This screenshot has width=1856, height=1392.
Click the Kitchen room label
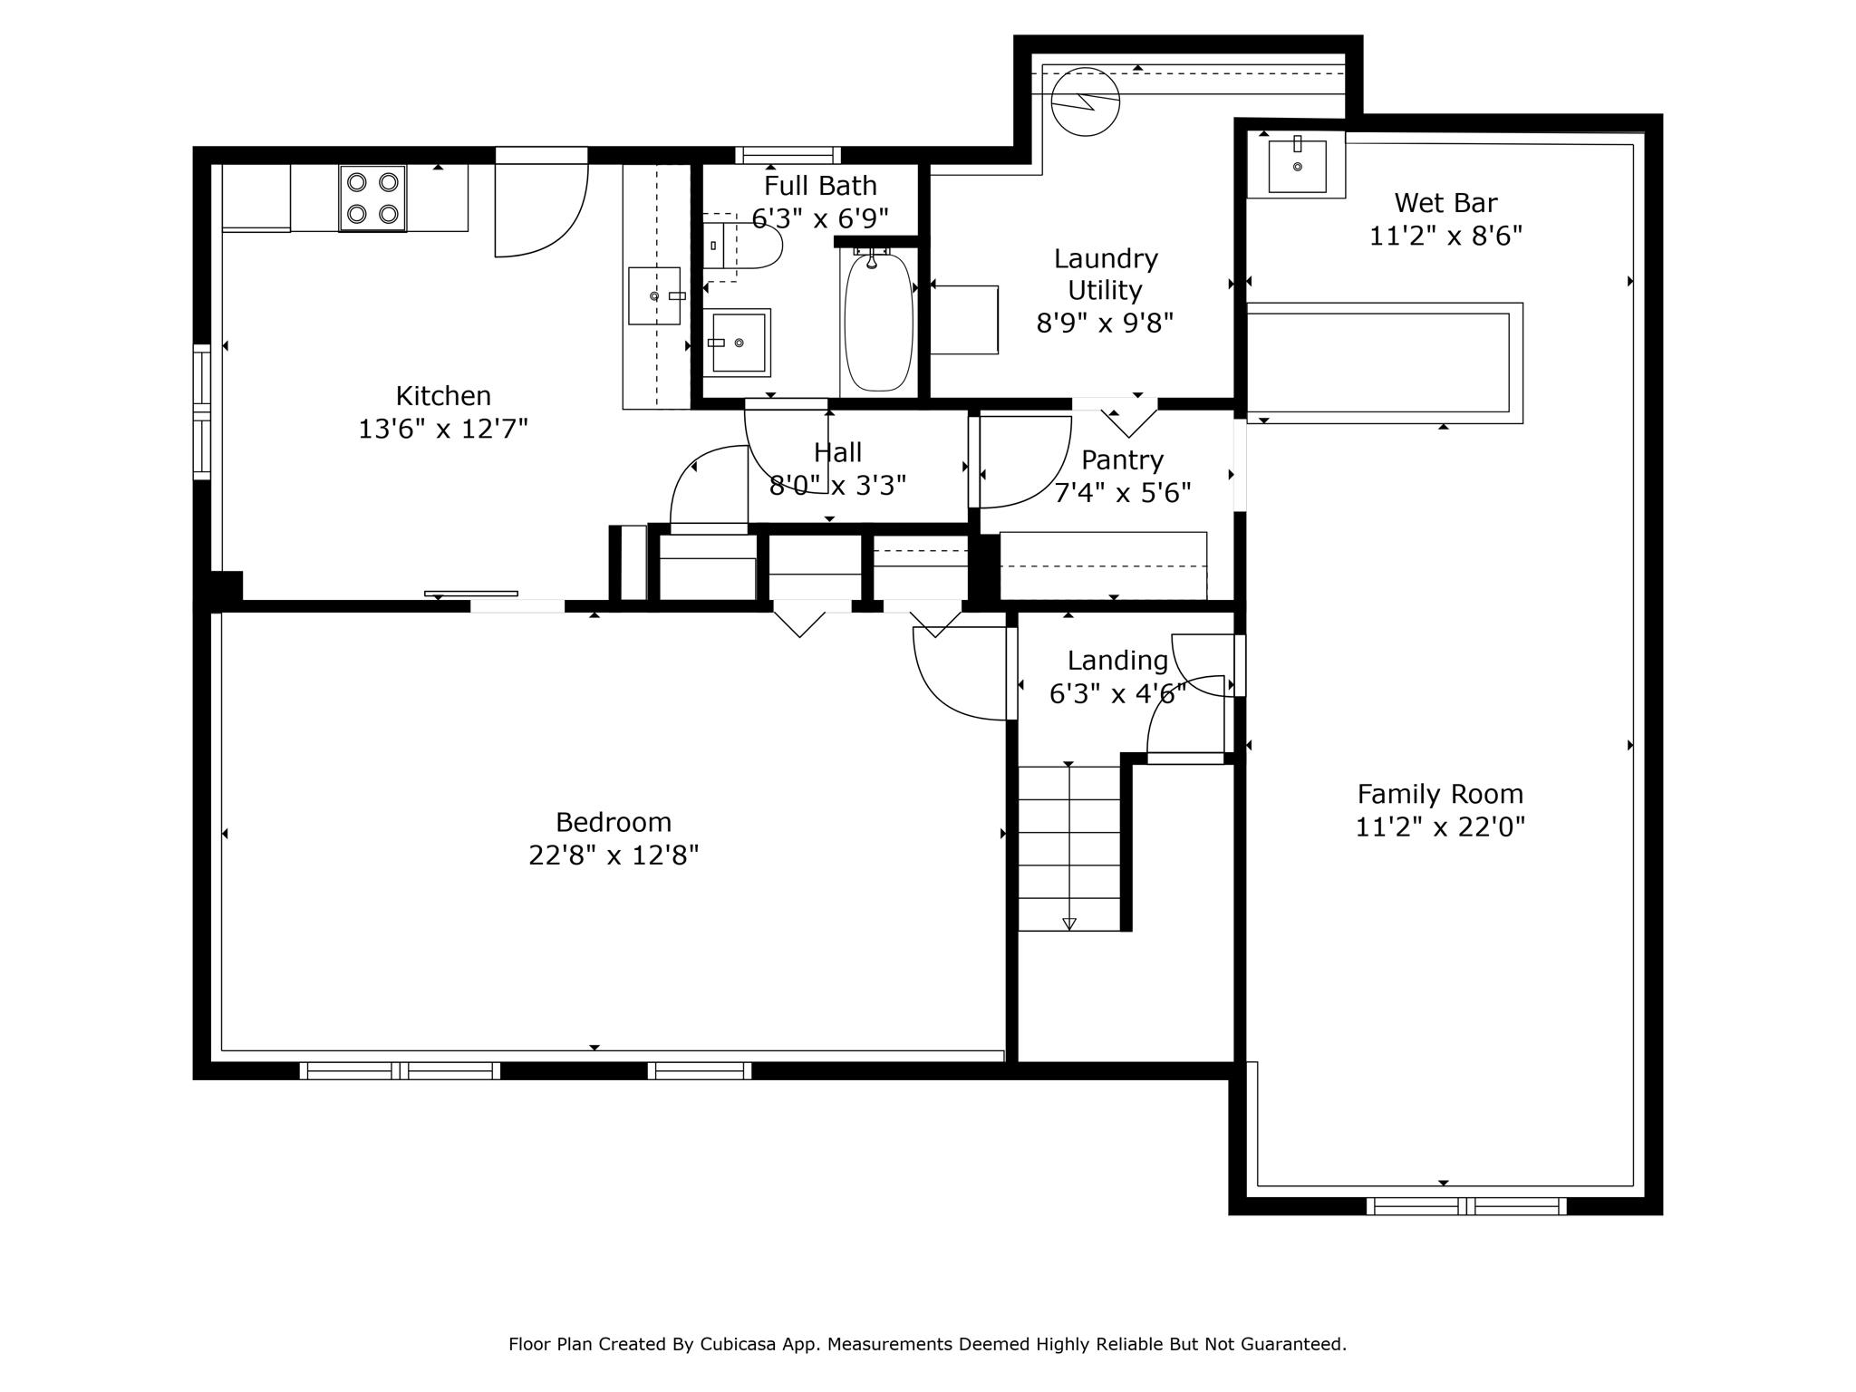[443, 396]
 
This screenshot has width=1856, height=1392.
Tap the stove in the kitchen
[372, 198]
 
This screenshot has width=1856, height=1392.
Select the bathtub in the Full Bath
[878, 323]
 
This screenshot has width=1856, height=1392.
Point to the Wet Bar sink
[1297, 165]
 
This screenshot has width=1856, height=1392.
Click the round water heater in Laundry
[1086, 101]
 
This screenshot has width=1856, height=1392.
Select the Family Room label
[1440, 795]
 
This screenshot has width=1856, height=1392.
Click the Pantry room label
[1122, 460]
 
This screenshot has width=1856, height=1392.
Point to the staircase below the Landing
[1069, 848]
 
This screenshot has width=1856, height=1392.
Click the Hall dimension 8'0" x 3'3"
[837, 487]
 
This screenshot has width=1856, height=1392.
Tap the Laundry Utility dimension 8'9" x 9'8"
[1105, 323]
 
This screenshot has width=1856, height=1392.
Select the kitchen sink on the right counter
[654, 295]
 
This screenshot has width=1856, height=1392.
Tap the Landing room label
[1117, 661]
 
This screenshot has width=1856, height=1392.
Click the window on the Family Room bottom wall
[1466, 1206]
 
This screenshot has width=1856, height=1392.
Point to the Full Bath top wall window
[788, 155]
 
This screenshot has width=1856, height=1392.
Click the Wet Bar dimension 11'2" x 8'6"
[1445, 236]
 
